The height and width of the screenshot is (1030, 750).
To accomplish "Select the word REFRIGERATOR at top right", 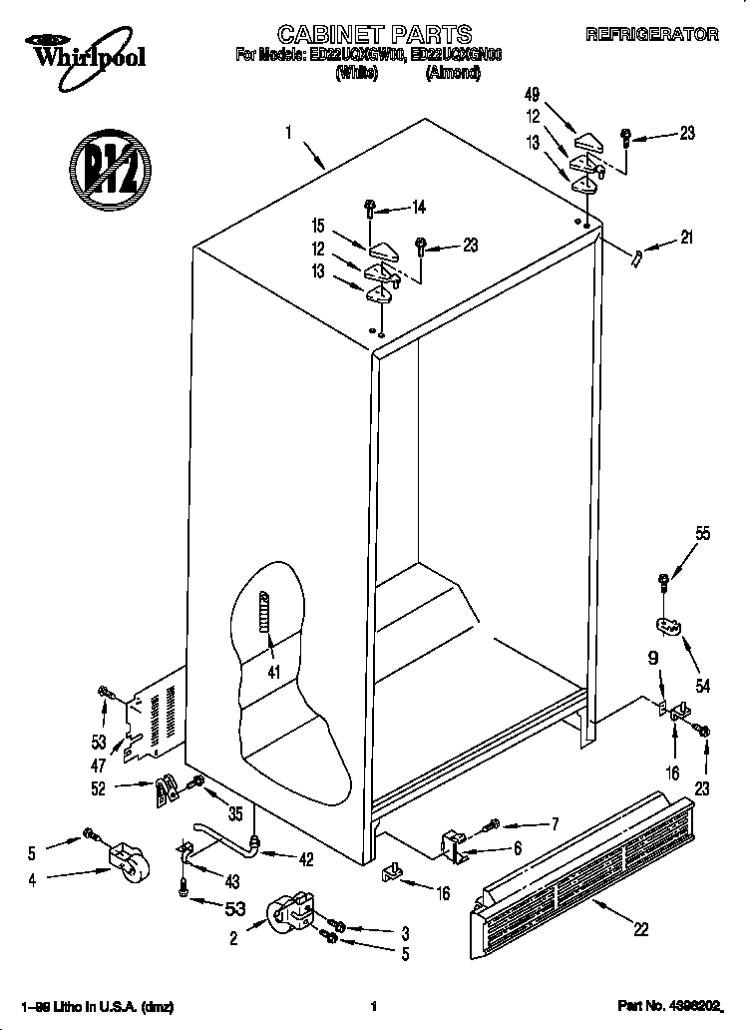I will click(x=651, y=35).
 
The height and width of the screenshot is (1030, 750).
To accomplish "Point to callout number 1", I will click(x=288, y=131).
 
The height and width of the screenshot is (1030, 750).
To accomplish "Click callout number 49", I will click(x=532, y=95).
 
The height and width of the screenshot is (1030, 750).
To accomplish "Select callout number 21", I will click(x=686, y=237).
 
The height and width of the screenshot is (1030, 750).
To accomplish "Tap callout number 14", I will click(x=418, y=208).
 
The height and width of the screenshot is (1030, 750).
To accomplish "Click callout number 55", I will click(x=703, y=534).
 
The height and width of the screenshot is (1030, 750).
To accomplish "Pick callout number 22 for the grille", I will click(x=639, y=929).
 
